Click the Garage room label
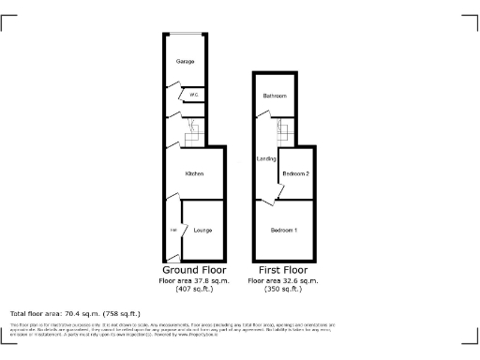point(185,61)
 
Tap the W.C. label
point(194,95)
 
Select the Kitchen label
point(194,173)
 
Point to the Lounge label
point(202,231)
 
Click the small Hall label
point(173,231)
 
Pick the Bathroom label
point(275,96)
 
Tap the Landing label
point(265,159)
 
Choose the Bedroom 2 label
point(296,173)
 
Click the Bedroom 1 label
point(284,231)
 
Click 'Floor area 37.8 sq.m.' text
point(193,280)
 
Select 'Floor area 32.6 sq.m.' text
point(283,280)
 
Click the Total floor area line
point(75,313)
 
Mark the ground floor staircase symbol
point(191,137)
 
